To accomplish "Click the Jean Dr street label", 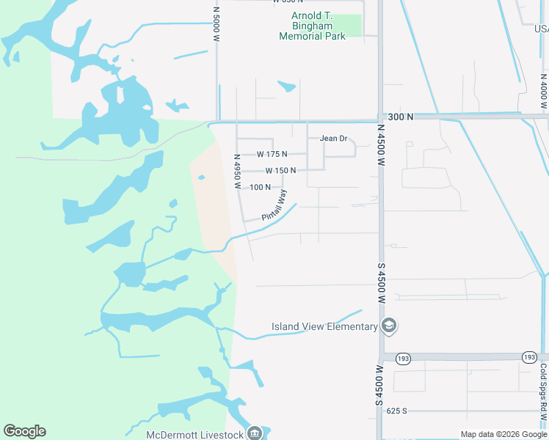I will click(332, 138).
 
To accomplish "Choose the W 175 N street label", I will click(272, 154).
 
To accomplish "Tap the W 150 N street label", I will click(280, 170).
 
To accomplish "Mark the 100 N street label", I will click(261, 187).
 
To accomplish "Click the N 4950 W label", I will click(237, 172).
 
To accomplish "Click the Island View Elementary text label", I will click(324, 326).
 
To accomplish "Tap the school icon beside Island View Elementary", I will click(388, 326).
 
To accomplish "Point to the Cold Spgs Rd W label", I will click(544, 388).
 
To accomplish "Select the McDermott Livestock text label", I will click(194, 434).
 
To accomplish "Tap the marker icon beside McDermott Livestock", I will click(254, 433).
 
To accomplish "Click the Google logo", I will click(24, 431).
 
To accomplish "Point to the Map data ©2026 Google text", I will click(503, 434).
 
